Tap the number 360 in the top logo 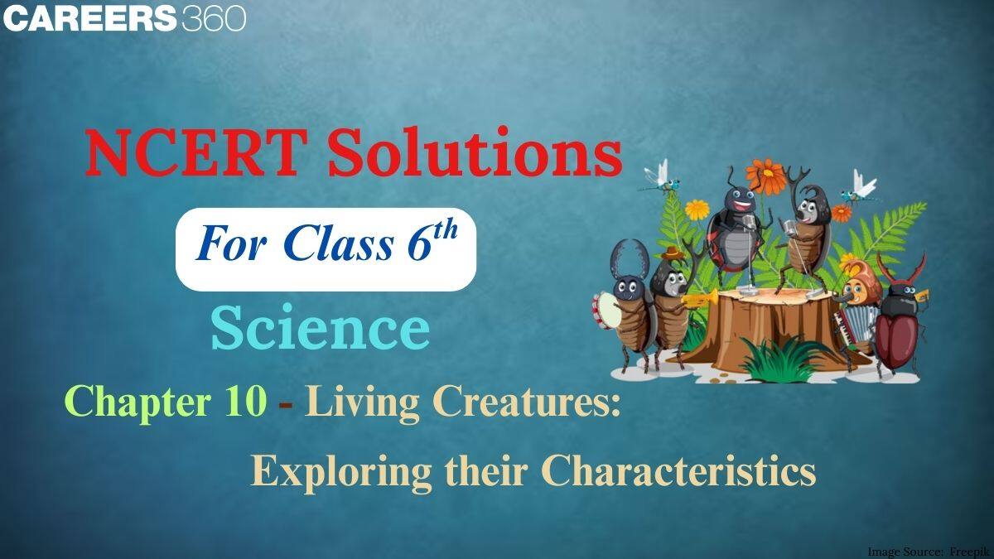point(213,18)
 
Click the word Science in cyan point(320,329)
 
